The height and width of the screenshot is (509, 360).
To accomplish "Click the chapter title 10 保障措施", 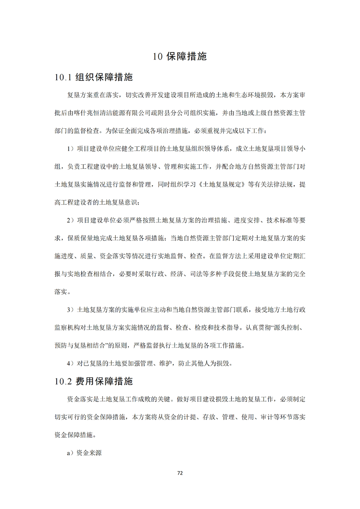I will click(180, 57).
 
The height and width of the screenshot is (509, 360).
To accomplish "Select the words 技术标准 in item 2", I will click(278, 220).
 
